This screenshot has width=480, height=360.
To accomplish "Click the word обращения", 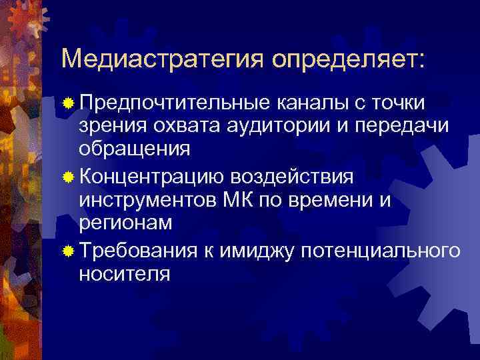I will coord(134,147).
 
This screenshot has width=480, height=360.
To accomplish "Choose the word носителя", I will coord(124,273).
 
